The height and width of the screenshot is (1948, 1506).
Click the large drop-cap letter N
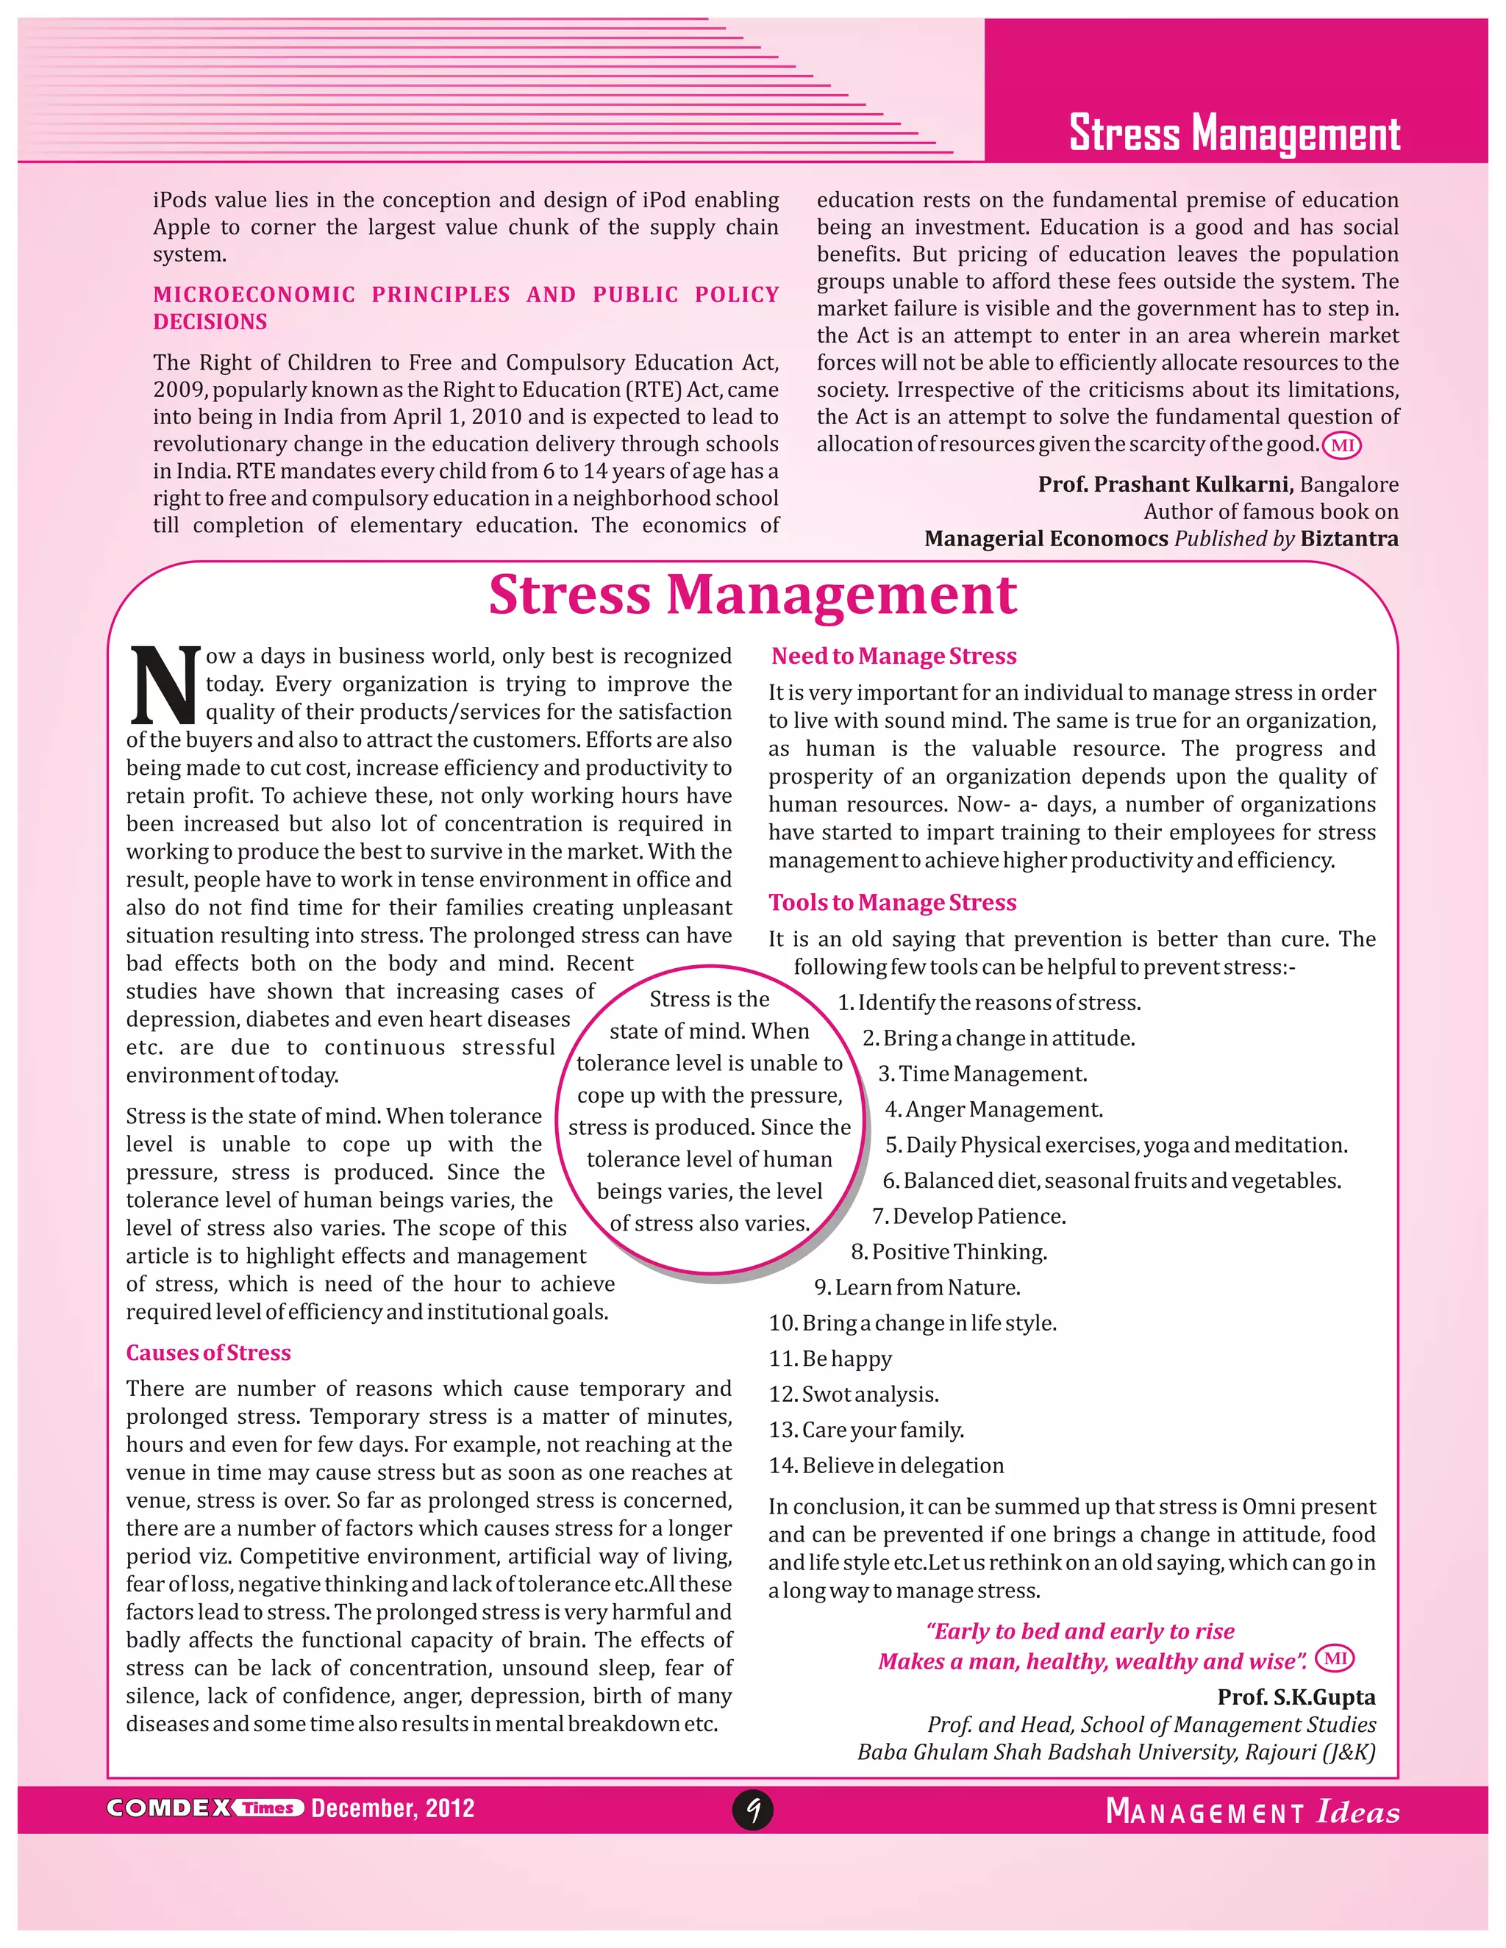(x=165, y=684)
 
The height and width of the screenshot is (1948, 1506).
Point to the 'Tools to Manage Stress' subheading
(x=892, y=902)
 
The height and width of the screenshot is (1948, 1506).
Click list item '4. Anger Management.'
(x=994, y=1109)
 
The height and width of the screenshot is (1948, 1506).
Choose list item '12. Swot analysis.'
(x=854, y=1393)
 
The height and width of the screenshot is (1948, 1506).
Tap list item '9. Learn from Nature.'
(x=917, y=1287)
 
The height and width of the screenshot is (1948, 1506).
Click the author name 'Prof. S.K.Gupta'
(x=1296, y=1697)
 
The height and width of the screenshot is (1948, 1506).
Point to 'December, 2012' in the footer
(x=393, y=1808)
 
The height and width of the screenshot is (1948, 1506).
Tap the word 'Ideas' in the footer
(x=1358, y=1811)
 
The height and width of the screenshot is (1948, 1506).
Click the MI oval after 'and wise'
(x=1335, y=1658)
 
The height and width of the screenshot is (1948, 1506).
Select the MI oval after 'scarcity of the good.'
(x=1341, y=444)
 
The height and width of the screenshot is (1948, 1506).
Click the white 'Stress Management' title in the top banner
(x=1235, y=133)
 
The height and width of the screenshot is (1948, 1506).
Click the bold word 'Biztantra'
(x=1349, y=539)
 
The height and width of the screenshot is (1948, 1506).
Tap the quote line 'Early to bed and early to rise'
(x=1080, y=1630)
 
